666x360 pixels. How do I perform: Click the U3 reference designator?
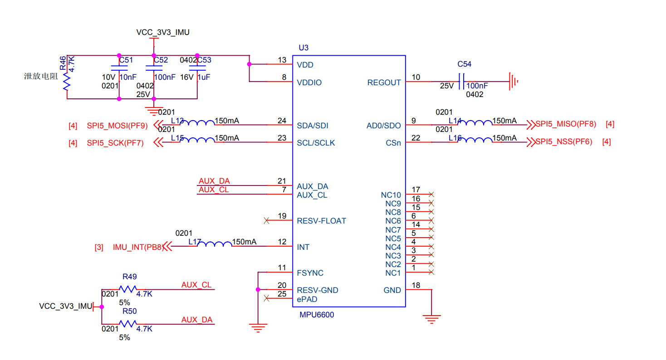tap(304, 48)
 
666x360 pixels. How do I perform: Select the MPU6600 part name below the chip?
tap(317, 315)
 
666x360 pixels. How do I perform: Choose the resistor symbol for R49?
tap(128, 289)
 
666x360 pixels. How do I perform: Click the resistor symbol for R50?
tap(128, 324)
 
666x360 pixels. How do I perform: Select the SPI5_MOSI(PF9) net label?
tap(118, 126)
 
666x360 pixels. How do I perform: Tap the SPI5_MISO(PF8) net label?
tap(566, 124)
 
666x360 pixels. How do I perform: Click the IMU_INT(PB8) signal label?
tap(137, 247)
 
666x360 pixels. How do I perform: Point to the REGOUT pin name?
tap(384, 83)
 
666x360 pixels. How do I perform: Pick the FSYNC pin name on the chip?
tap(310, 273)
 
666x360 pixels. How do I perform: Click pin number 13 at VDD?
tap(282, 60)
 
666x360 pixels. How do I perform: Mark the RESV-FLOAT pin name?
tap(321, 221)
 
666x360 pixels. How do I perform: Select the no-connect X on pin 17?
tap(431, 194)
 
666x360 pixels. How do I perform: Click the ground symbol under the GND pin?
tap(431, 319)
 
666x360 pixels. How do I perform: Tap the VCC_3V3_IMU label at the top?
tap(163, 32)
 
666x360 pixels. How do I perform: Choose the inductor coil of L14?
tap(476, 122)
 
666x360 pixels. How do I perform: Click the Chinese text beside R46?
tap(41, 76)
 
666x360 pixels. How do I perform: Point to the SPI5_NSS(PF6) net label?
tap(563, 141)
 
